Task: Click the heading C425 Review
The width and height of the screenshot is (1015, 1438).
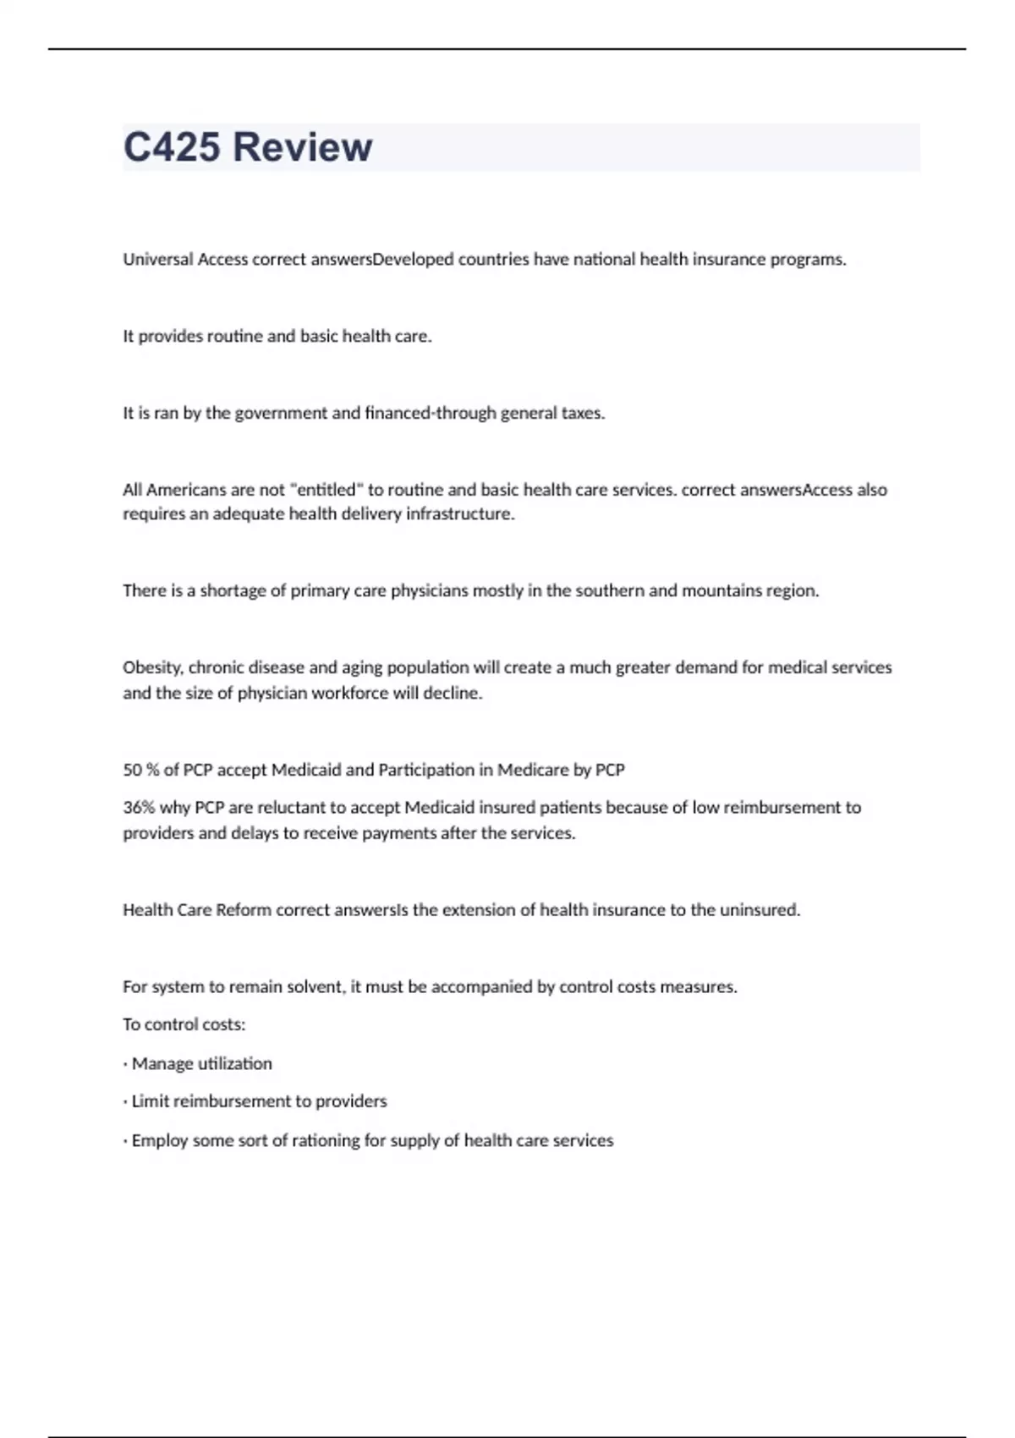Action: tap(247, 147)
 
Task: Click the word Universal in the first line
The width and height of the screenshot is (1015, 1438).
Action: tap(158, 260)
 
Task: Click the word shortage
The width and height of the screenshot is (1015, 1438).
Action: tap(233, 590)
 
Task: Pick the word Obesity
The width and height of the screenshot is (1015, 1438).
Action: tap(152, 667)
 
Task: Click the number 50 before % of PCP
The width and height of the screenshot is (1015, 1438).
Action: tap(132, 770)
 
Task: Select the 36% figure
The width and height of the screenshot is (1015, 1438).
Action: tap(139, 807)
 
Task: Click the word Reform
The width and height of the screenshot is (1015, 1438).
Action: tap(244, 910)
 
